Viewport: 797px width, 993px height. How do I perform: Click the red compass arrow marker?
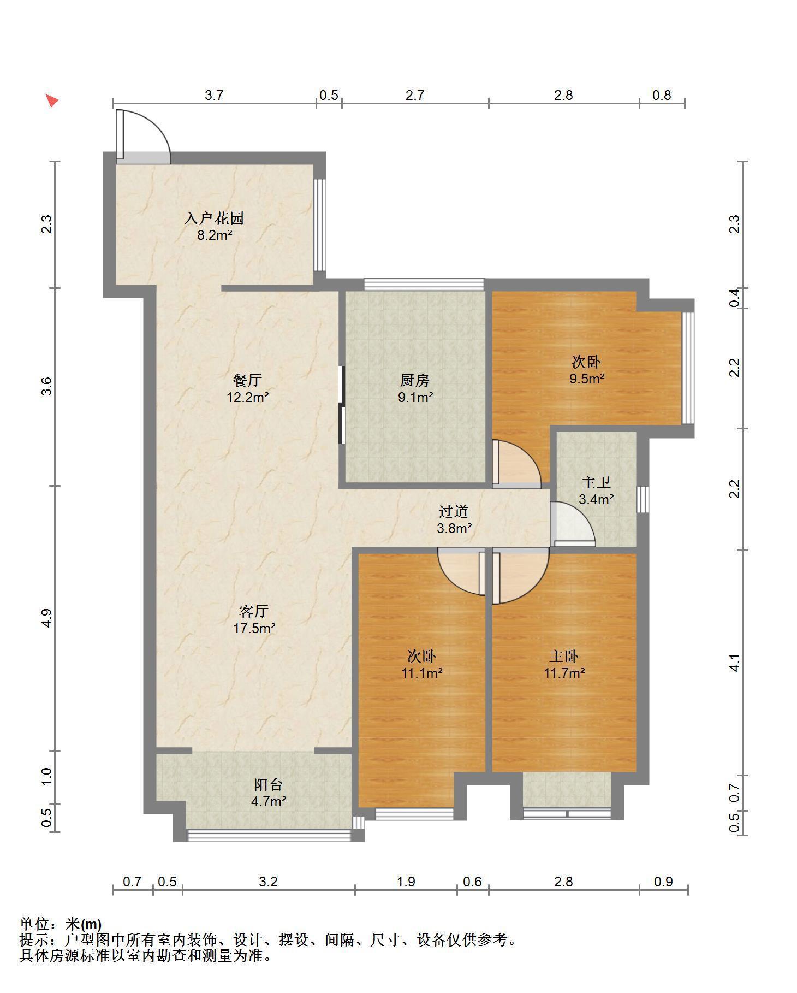pos(51,101)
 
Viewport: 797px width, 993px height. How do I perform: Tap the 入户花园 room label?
pos(213,218)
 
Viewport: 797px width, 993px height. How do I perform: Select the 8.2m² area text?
pos(214,235)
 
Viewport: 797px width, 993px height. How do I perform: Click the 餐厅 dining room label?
pos(247,380)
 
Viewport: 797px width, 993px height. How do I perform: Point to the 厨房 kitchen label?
pos(415,380)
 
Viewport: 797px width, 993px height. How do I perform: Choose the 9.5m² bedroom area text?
pos(587,379)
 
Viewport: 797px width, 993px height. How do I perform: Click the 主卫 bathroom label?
pos(596,482)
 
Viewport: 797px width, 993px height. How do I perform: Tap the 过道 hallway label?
pos(454,512)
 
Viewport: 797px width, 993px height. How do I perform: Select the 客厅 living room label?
pos(254,611)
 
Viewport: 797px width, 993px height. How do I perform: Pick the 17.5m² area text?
pos(254,628)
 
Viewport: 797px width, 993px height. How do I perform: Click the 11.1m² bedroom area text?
pos(422,673)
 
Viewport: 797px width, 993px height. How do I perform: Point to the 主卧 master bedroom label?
pos(564,656)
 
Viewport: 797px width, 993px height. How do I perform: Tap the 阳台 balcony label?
pos(269,785)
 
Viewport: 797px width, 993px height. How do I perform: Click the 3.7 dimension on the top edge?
pos(214,95)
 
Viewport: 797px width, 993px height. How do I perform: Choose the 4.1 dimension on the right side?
pos(735,663)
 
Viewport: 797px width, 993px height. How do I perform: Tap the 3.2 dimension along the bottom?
pos(269,882)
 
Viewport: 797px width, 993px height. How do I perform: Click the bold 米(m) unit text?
pos(84,924)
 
